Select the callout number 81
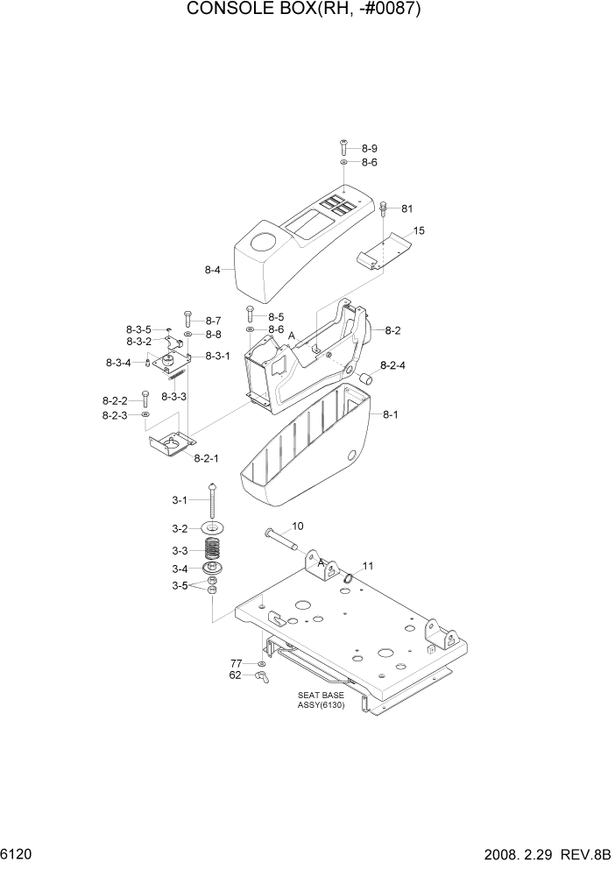pos(406,208)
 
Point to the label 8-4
pos(213,270)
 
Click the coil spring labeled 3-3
pos(211,551)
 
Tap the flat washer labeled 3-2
pos(212,528)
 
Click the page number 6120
pos(18,852)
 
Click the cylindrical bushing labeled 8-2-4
pos(364,378)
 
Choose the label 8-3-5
pos(138,329)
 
